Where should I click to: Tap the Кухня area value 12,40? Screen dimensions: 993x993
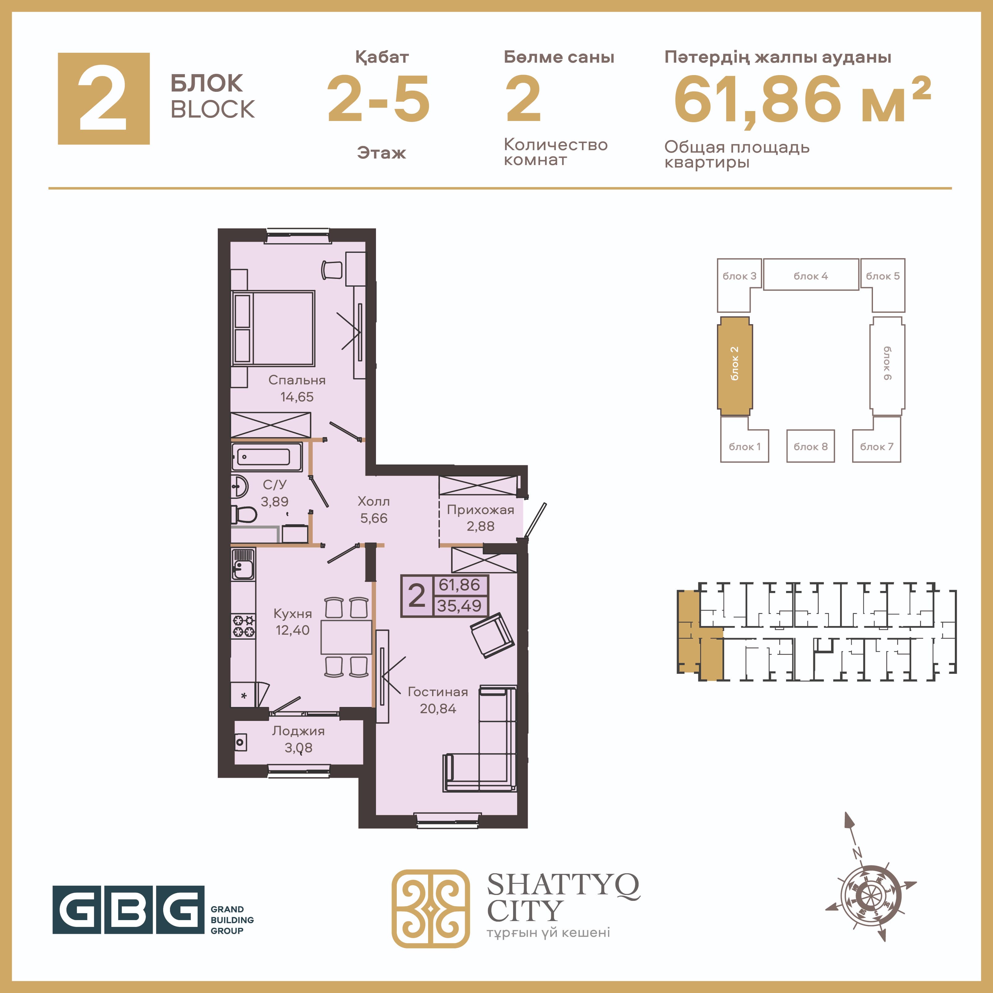(x=293, y=630)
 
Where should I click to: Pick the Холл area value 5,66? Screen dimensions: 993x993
(x=374, y=518)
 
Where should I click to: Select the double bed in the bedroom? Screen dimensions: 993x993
(x=273, y=328)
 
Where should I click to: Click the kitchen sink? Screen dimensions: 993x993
(x=243, y=564)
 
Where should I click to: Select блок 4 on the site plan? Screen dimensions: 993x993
(x=811, y=275)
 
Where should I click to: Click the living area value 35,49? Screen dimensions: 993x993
(x=459, y=606)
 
